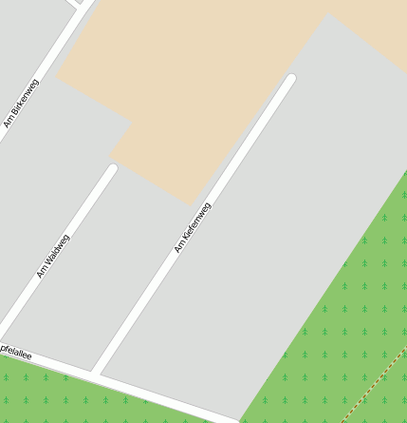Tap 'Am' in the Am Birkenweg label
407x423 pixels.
[x=9, y=122]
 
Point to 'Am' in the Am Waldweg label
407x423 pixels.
[x=41, y=273]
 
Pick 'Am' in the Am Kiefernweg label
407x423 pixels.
[x=177, y=248]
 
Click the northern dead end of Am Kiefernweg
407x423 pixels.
[x=291, y=79]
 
